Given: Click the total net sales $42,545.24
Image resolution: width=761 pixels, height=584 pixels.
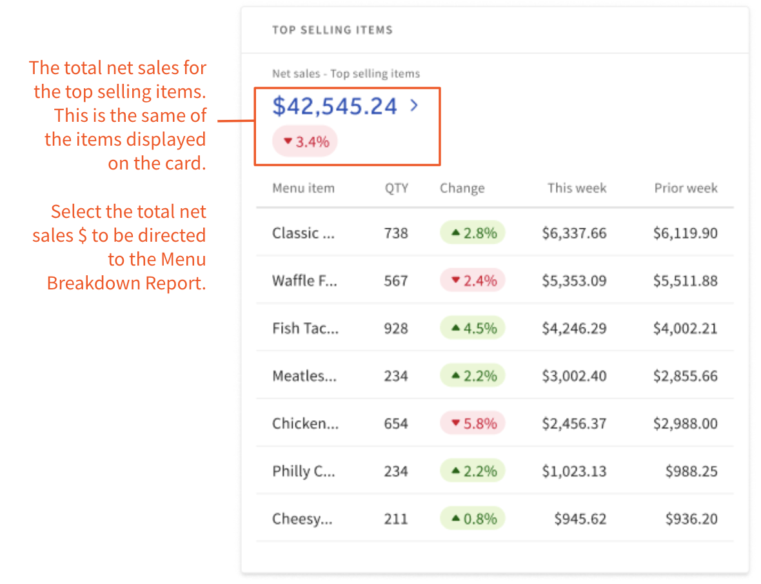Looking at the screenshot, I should pos(334,106).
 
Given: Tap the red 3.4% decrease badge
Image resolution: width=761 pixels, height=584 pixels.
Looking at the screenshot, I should pos(305,142).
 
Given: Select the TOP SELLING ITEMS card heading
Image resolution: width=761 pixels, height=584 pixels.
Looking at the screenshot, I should pos(332,30).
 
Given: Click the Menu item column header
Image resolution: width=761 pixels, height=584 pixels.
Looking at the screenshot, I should pos(303,188).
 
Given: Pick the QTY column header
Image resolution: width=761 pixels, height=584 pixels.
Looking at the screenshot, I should pos(397,188).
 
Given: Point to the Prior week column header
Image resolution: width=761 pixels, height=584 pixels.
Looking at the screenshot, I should pos(686,188).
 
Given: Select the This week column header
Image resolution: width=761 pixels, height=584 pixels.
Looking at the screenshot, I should pos(577,188).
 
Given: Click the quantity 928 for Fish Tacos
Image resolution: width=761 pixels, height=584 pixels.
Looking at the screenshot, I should pos(396,328).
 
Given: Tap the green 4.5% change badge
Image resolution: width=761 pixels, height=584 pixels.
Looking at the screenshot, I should pos(473,328).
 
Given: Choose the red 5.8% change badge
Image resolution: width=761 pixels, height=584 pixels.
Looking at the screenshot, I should pos(473,423).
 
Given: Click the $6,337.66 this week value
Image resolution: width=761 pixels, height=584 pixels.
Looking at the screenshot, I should pos(574,233).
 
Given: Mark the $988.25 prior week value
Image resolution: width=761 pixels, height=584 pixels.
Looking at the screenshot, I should pos(691,471).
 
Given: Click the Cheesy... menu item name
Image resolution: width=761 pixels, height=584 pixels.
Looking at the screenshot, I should pos(302,519).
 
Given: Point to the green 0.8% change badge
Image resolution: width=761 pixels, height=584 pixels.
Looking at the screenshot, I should pos(473,519).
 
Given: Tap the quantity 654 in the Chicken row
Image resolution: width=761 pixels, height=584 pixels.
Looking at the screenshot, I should pos(396,423).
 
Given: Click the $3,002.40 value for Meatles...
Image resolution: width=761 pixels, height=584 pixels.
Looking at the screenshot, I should pos(574,376).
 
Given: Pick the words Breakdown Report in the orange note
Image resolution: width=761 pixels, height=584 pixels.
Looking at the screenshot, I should pos(126,283).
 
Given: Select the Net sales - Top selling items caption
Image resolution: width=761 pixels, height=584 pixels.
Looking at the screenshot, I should pos(346,73).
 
